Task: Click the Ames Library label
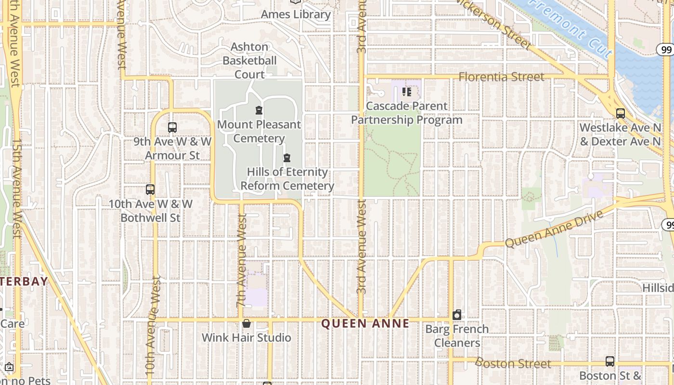pyautogui.click(x=296, y=14)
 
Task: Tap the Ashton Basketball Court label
pyautogui.click(x=249, y=61)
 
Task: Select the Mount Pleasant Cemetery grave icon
pyautogui.click(x=259, y=111)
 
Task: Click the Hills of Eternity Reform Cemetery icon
pyautogui.click(x=287, y=158)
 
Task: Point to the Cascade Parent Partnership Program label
pyautogui.click(x=407, y=113)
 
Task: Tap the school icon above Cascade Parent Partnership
pyautogui.click(x=407, y=91)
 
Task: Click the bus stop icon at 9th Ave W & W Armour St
pyautogui.click(x=172, y=128)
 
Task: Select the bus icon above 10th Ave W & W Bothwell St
pyautogui.click(x=150, y=190)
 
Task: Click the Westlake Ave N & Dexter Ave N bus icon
pyautogui.click(x=620, y=114)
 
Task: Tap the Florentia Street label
pyautogui.click(x=501, y=77)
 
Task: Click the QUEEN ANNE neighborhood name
pyautogui.click(x=365, y=323)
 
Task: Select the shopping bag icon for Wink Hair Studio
pyautogui.click(x=246, y=323)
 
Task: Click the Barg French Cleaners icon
pyautogui.click(x=457, y=315)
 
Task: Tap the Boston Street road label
pyautogui.click(x=513, y=363)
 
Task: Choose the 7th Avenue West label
pyautogui.click(x=242, y=260)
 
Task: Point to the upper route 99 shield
pyautogui.click(x=666, y=49)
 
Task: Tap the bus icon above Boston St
pyautogui.click(x=610, y=361)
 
